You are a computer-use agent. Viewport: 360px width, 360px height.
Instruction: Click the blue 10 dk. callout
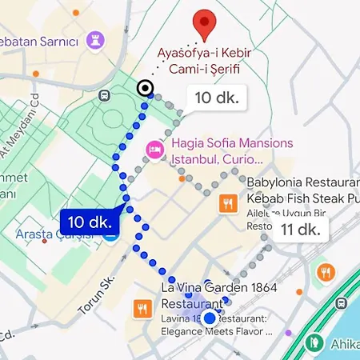(x=90, y=220)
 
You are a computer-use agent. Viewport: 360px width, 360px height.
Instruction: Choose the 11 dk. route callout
(x=301, y=230)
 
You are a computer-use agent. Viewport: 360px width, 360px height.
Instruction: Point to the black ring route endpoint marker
(x=145, y=88)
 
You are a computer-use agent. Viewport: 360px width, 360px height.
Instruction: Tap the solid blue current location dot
(x=210, y=318)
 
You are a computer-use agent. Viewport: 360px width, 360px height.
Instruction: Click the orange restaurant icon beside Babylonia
(x=229, y=204)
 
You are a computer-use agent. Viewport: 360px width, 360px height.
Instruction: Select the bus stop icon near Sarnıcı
(x=105, y=95)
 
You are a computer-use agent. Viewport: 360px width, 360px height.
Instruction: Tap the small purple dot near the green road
(x=289, y=332)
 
